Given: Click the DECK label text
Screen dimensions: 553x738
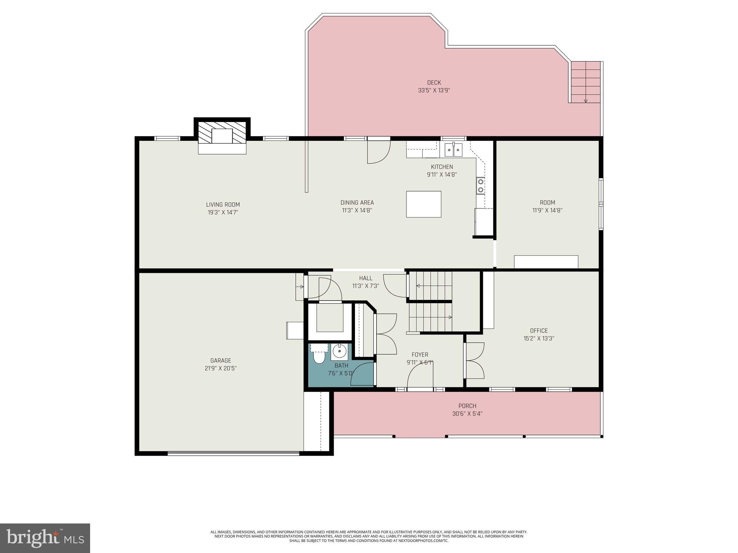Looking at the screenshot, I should pos(434,83).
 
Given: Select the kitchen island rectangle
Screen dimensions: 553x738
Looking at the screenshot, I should pos(423,204).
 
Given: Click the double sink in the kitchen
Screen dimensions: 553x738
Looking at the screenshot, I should pos(453,150).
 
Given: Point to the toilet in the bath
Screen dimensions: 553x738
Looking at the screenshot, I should pos(319,357).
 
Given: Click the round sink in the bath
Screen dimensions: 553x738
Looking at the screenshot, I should pos(339,351).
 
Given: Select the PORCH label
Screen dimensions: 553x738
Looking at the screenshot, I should pos(467,406).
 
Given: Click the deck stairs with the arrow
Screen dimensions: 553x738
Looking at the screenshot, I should pos(586,82).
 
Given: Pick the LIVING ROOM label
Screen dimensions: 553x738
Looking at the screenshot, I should pos(223,204).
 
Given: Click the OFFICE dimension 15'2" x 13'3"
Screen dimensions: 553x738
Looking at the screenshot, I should pos(539,338).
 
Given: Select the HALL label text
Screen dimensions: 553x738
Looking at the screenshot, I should pos(365,278).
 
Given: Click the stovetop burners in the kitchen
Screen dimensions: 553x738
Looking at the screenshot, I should pos(480,185).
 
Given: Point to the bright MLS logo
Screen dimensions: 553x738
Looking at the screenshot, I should pos(45,538).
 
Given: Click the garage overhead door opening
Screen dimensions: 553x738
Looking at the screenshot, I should pos(234,454).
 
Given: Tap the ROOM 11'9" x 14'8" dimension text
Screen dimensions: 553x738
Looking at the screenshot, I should pos(547,210).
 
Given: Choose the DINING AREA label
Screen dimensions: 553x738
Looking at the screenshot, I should pos(357,203).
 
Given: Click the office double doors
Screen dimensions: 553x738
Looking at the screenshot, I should pos(474,360).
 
